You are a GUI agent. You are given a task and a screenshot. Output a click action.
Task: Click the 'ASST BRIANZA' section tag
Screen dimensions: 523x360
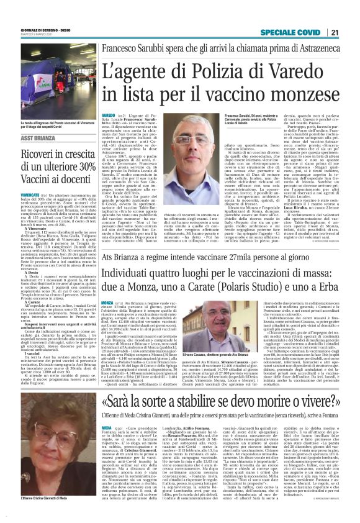tap(38, 140)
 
